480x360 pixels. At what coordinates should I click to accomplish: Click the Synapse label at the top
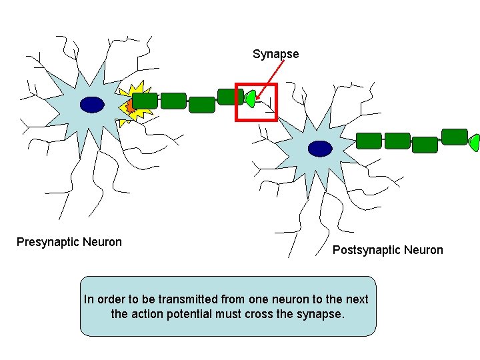click(275, 54)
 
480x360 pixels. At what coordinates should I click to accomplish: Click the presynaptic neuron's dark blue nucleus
click(92, 104)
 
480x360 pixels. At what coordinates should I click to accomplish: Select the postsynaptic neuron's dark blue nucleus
click(320, 148)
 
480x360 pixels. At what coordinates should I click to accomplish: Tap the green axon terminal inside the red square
click(250, 99)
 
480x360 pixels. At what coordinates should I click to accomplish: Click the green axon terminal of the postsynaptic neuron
click(474, 142)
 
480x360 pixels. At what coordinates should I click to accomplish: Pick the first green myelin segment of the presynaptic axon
click(145, 101)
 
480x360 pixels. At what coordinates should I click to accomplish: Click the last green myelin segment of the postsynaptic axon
click(455, 137)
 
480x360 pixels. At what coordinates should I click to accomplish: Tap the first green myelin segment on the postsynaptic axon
click(369, 141)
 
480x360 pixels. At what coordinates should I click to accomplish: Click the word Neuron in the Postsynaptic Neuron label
click(422, 250)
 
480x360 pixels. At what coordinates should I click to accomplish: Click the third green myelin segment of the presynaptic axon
click(202, 105)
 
